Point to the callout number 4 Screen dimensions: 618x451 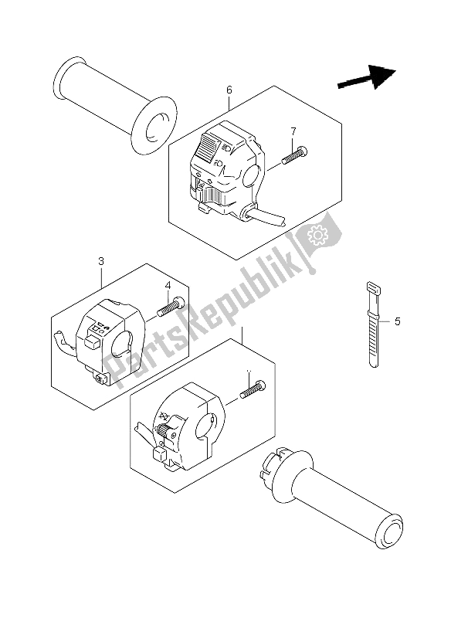pos(168,287)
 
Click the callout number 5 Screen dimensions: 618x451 pos(397,321)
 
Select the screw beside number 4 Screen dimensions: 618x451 pos(169,307)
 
